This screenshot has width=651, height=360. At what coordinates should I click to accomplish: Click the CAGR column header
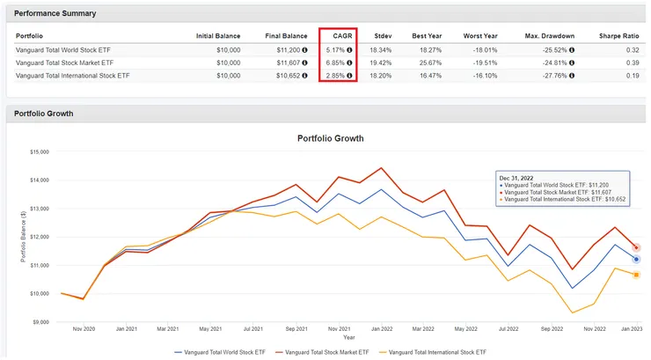point(337,36)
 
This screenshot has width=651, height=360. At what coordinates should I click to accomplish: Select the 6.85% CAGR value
point(333,62)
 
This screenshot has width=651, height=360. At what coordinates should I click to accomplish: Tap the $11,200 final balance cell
point(285,50)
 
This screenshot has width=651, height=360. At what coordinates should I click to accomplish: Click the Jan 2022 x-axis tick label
point(381,329)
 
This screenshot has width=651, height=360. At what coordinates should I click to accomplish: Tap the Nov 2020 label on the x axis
point(83,329)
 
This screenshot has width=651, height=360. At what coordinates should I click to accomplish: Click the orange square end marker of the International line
point(636,275)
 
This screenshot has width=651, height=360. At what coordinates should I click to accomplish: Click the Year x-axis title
point(348,337)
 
